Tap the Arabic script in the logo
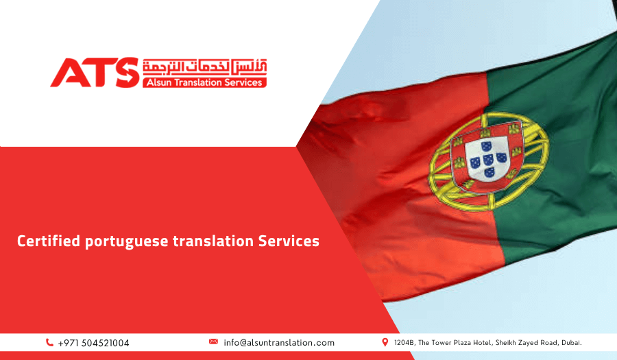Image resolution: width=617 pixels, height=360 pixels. coord(205,67)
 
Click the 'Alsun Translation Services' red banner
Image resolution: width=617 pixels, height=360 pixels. coord(204,82)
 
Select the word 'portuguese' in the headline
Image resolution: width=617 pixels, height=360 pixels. coord(127,242)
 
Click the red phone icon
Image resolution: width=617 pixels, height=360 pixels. coord(49,343)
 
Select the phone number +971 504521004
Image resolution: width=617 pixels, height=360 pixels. coord(94,343)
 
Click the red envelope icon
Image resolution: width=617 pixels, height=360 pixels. coord(213,341)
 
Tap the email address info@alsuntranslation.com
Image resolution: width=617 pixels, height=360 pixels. coord(279,342)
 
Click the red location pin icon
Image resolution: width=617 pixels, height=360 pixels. coord(385,341)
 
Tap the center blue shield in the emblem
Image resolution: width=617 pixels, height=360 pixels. coord(487,158)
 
